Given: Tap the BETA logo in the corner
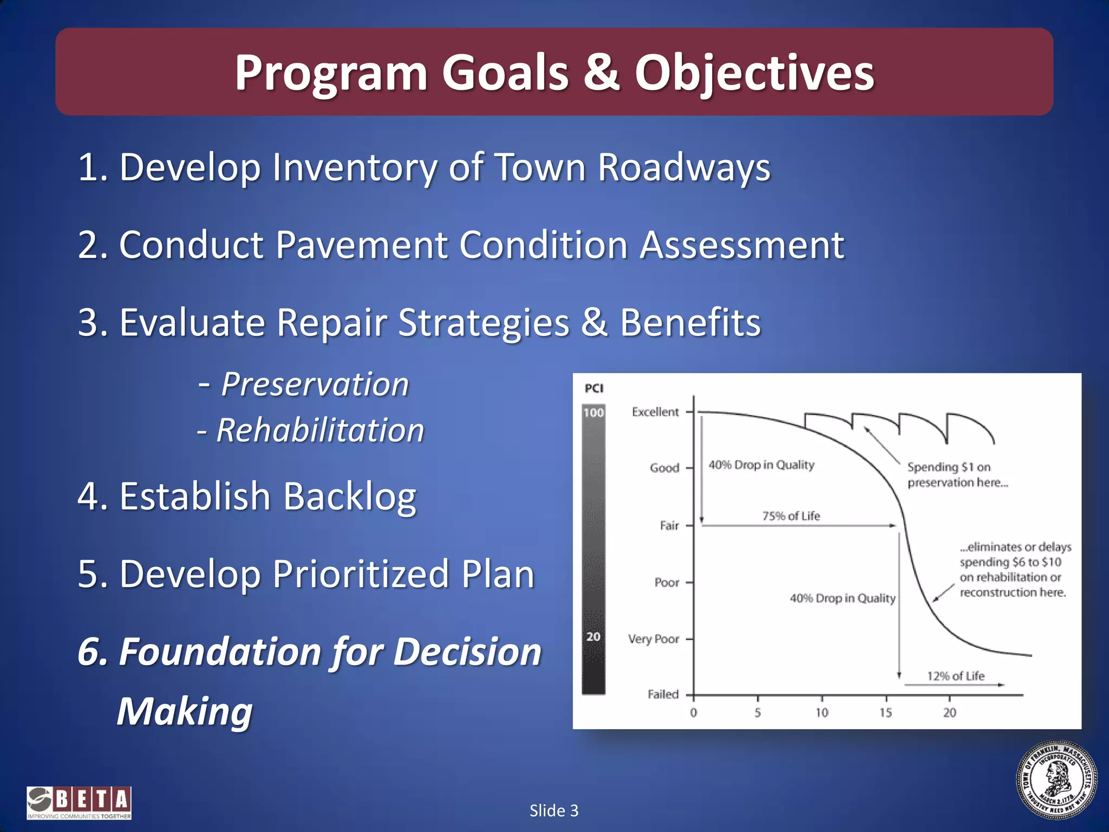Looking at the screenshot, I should (79, 803).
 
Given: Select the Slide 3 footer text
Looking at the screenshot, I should (554, 810).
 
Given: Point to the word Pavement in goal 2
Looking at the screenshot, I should (361, 245).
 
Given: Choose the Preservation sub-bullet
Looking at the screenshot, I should (315, 385).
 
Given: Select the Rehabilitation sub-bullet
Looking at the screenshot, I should (320, 431).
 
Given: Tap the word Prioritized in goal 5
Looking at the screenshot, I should (361, 574).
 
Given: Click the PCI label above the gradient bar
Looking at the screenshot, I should (593, 388).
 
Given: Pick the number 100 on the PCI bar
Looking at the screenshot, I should (593, 413).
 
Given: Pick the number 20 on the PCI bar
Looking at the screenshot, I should (593, 636).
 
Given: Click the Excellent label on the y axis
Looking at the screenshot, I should (655, 412).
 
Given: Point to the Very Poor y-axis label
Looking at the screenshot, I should (653, 639).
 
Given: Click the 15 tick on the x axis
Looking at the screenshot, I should (885, 713).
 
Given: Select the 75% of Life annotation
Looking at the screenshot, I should (791, 516).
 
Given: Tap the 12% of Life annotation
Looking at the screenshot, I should (955, 676).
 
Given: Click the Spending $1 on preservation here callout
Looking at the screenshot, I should (957, 474).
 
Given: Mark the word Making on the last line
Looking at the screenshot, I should (185, 711).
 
